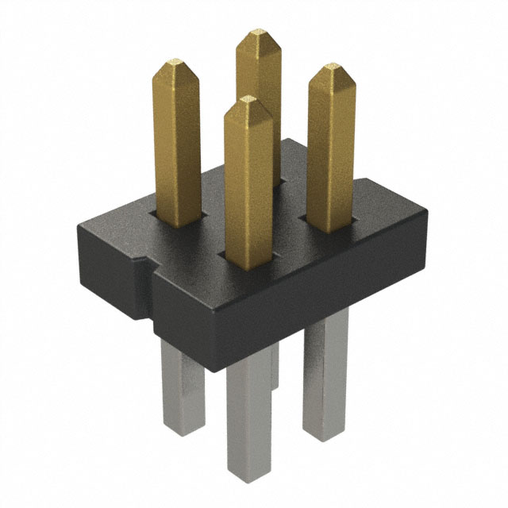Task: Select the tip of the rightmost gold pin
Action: pos(331,69)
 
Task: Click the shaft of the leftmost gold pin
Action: pos(176,143)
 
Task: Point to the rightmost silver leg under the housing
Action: pos(325,373)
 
